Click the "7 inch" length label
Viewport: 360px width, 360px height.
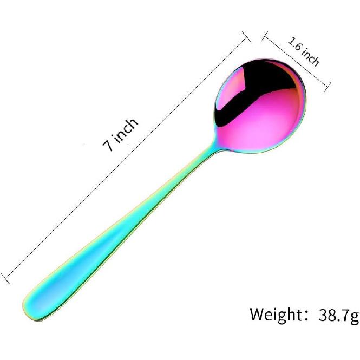[x=120, y=135]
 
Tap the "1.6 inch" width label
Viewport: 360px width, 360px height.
[x=304, y=51]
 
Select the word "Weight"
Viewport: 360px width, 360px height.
[x=276, y=314]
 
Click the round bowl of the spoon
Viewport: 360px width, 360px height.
[x=259, y=106]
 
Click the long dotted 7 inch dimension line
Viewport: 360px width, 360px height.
[x=125, y=158]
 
